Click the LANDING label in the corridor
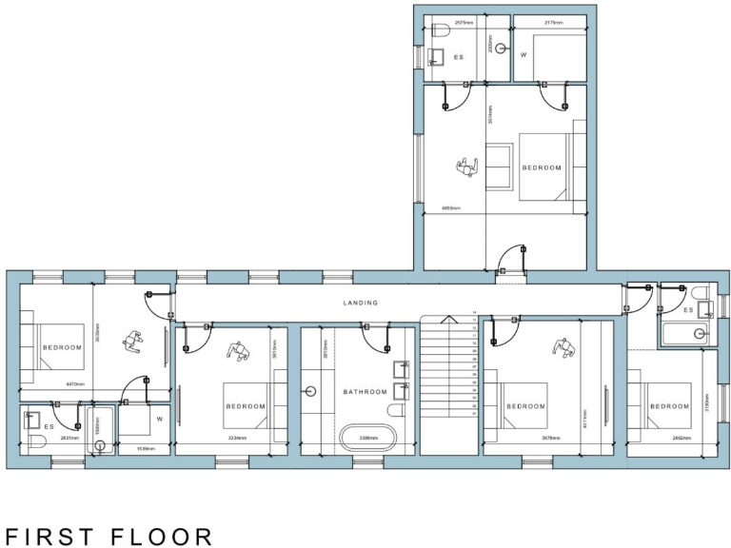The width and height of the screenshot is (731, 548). tap(361, 303)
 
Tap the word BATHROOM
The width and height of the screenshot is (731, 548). tap(365, 392)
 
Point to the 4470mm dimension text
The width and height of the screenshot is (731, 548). tap(77, 384)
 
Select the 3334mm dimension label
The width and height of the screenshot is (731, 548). tap(237, 439)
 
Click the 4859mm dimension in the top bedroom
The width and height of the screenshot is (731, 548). tap(450, 207)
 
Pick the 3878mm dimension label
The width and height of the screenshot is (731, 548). tap(524, 439)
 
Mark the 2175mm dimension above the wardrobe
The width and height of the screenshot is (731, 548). tap(554, 20)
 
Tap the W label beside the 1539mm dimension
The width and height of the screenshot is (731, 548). tap(160, 419)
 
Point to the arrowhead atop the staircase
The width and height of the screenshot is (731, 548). tap(450, 317)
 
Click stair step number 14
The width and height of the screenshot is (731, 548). tap(474, 313)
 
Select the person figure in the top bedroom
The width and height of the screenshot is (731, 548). tap(466, 168)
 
